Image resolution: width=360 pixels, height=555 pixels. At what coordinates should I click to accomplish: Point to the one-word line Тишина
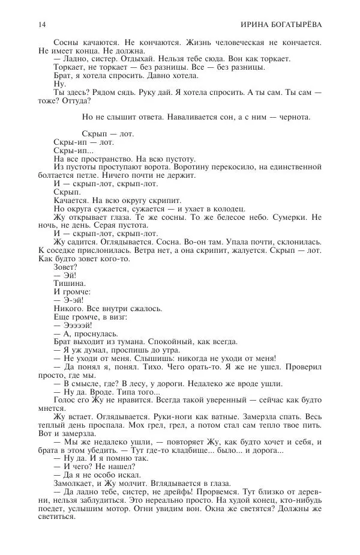click(x=70, y=282)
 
